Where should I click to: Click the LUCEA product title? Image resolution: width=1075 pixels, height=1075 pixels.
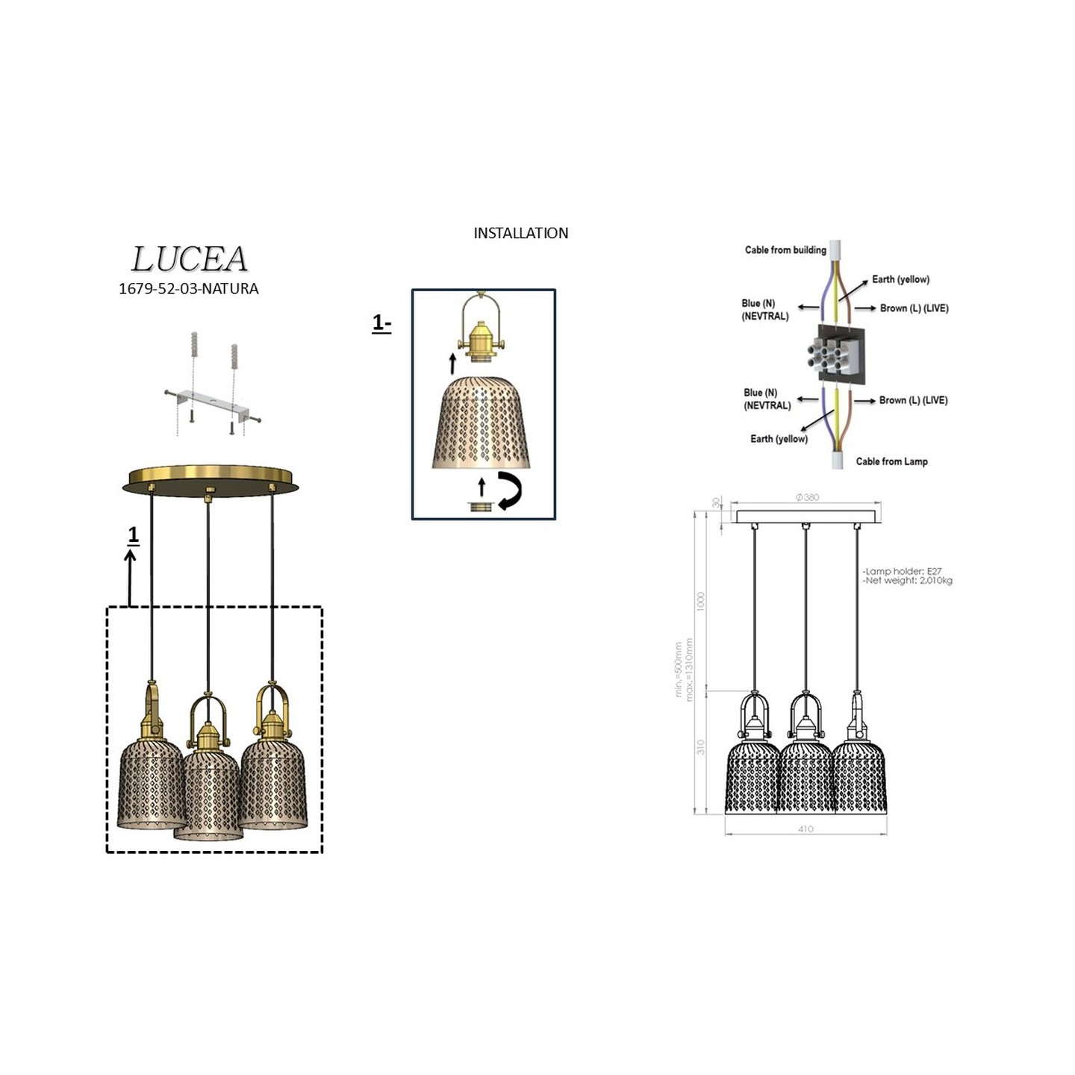coord(189,259)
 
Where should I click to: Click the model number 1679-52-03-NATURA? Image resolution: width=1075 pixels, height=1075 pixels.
coord(188,289)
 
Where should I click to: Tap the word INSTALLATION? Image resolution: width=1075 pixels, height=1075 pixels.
coord(520,233)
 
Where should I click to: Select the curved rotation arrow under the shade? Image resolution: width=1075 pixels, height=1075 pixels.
coord(509,490)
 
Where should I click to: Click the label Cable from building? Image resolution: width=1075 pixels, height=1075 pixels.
coord(785,250)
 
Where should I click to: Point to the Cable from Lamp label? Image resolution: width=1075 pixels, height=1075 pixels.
coord(891,461)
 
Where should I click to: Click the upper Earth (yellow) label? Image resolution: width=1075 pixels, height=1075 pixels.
coord(900,279)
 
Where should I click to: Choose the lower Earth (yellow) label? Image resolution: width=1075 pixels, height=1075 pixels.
coord(779,439)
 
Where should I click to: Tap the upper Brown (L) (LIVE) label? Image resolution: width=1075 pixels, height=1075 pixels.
coord(914,308)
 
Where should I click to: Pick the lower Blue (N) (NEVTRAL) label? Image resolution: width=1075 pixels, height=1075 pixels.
coord(767,399)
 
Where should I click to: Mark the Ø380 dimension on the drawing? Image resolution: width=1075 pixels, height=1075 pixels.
coord(807,497)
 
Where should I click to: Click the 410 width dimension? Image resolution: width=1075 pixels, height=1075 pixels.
coord(806,829)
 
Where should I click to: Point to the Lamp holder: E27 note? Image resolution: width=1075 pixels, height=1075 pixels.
coord(903,571)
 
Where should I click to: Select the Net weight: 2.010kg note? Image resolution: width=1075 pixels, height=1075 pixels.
coord(908,581)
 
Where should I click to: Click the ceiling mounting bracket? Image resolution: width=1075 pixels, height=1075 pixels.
coord(213,403)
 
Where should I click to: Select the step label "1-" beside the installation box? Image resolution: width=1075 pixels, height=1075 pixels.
coord(381,323)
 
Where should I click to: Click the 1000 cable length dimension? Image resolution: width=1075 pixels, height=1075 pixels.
coord(700,601)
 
